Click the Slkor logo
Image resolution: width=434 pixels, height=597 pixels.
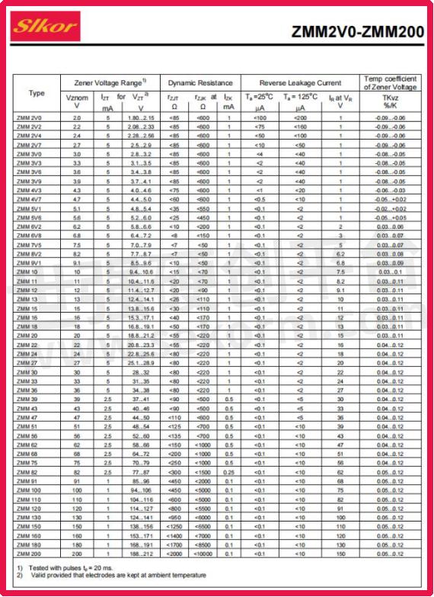tap(45, 27)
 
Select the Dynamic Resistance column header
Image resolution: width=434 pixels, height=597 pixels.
tap(200, 82)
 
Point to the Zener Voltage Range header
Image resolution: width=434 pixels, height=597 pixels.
tap(110, 82)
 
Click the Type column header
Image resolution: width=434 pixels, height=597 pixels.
tap(37, 94)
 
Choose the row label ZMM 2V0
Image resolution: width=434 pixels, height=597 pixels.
tap(29, 118)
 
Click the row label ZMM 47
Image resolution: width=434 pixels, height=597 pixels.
tap(27, 418)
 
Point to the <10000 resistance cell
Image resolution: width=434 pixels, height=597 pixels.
tap(203, 554)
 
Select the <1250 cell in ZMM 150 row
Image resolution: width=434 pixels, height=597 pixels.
tap(174, 526)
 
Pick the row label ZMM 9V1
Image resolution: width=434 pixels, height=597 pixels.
tap(29, 263)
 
